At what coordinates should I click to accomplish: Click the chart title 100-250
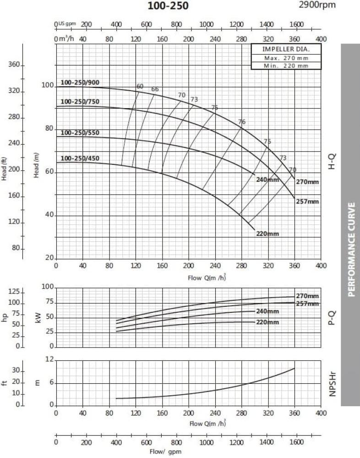[168, 6]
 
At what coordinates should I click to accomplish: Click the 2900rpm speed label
[316, 5]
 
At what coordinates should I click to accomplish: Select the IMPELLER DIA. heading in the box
[286, 49]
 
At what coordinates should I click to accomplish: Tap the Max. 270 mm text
[286, 58]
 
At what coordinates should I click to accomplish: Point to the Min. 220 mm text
[286, 65]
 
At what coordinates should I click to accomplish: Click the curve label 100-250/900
[80, 83]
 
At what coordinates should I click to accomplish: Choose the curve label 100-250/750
[80, 102]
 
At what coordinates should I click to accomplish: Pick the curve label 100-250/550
[80, 133]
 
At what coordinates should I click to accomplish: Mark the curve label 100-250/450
[80, 159]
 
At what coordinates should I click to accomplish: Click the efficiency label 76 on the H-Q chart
[242, 122]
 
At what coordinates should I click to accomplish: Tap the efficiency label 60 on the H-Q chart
[140, 87]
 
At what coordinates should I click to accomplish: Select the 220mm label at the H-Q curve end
[267, 234]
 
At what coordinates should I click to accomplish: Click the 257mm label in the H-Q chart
[307, 202]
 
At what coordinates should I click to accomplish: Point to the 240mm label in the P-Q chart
[267, 311]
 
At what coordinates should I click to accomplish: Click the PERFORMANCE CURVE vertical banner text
[352, 249]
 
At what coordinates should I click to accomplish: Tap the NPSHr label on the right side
[333, 383]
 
